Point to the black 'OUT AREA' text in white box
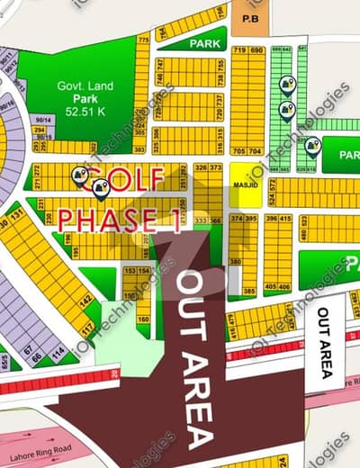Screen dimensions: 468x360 click(324, 342)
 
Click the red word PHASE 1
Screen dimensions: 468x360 click(117, 219)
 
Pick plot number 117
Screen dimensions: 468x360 click(87, 331)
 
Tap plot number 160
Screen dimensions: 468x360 click(143, 318)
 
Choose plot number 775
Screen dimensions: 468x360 click(142, 40)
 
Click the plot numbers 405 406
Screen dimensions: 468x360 click(278, 287)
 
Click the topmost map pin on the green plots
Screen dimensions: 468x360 click(286, 85)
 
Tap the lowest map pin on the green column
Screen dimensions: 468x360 click(311, 145)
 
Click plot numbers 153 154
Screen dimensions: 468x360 click(136, 271)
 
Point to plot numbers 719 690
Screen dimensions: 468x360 click(248, 50)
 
